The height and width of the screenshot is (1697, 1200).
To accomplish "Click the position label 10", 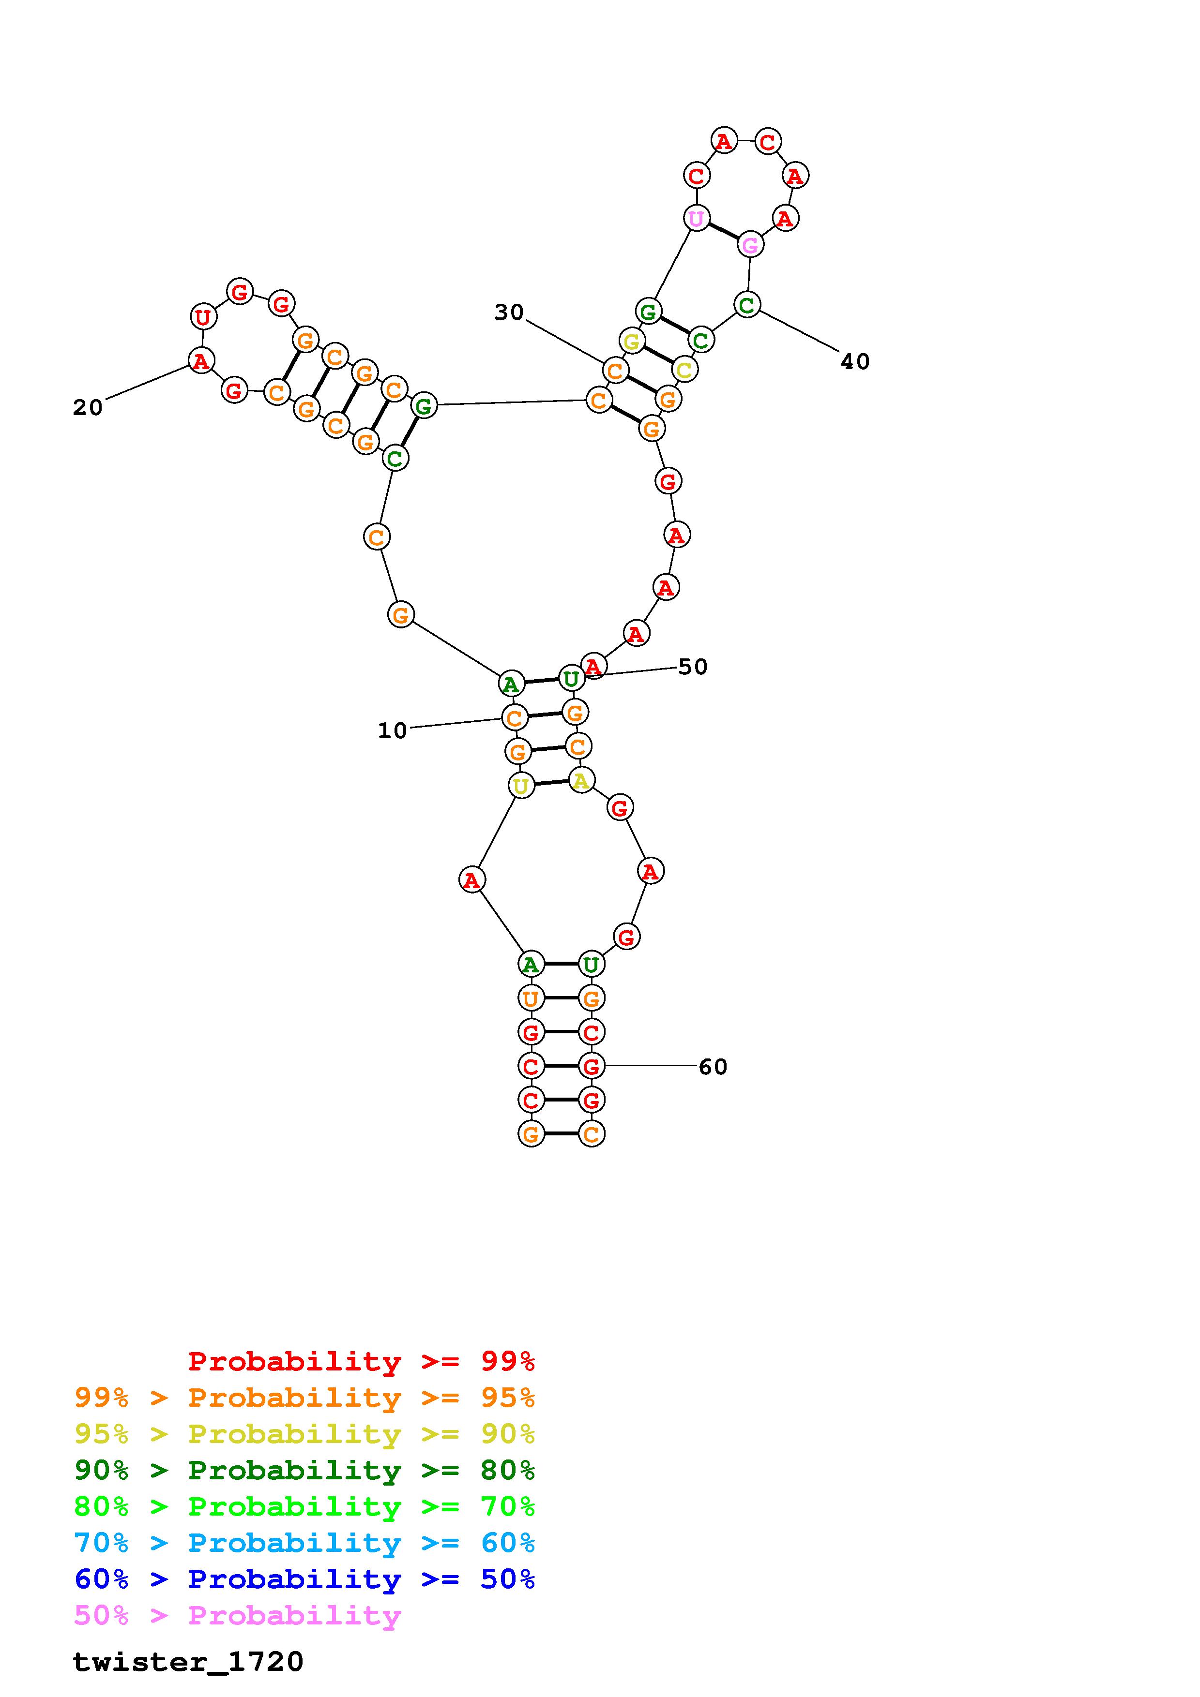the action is pyautogui.click(x=393, y=731).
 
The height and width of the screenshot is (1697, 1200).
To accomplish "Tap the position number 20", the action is pyautogui.click(x=88, y=407).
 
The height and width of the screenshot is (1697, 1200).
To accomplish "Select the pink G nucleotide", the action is pyautogui.click(x=750, y=245).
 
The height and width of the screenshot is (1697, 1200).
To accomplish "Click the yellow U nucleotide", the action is pyautogui.click(x=521, y=786).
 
